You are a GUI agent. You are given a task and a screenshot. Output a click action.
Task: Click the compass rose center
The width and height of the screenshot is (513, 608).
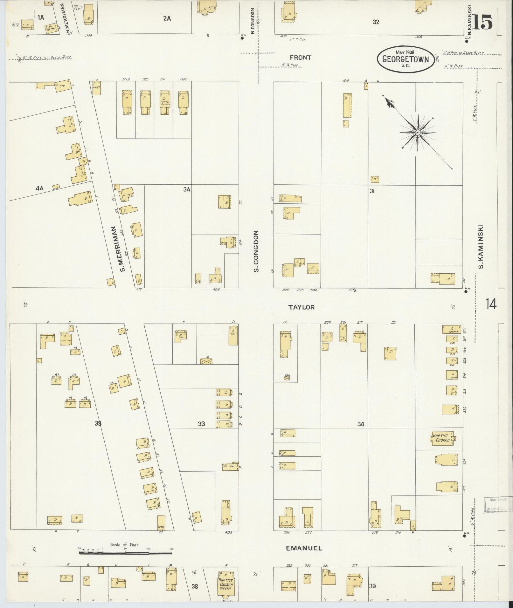point(417,132)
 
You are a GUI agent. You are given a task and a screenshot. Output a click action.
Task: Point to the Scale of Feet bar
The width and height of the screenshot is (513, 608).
point(125,553)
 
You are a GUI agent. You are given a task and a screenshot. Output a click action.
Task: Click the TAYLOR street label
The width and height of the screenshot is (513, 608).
point(302,307)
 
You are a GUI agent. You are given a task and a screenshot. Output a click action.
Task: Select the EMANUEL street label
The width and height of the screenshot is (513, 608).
point(304,548)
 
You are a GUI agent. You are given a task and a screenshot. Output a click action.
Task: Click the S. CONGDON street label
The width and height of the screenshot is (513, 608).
point(256,251)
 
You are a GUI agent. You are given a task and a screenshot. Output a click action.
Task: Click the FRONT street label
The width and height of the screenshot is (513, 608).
point(300,58)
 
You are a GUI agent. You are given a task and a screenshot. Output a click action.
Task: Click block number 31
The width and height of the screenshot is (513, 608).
point(372,191)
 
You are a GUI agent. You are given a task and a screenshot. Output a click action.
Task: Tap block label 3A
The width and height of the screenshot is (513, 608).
point(186,189)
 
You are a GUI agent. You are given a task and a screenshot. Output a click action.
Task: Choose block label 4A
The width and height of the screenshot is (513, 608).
point(39,188)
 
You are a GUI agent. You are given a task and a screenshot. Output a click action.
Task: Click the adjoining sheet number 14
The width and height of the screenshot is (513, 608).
point(491,304)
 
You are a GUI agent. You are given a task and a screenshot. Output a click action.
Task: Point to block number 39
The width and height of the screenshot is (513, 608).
point(372,586)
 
